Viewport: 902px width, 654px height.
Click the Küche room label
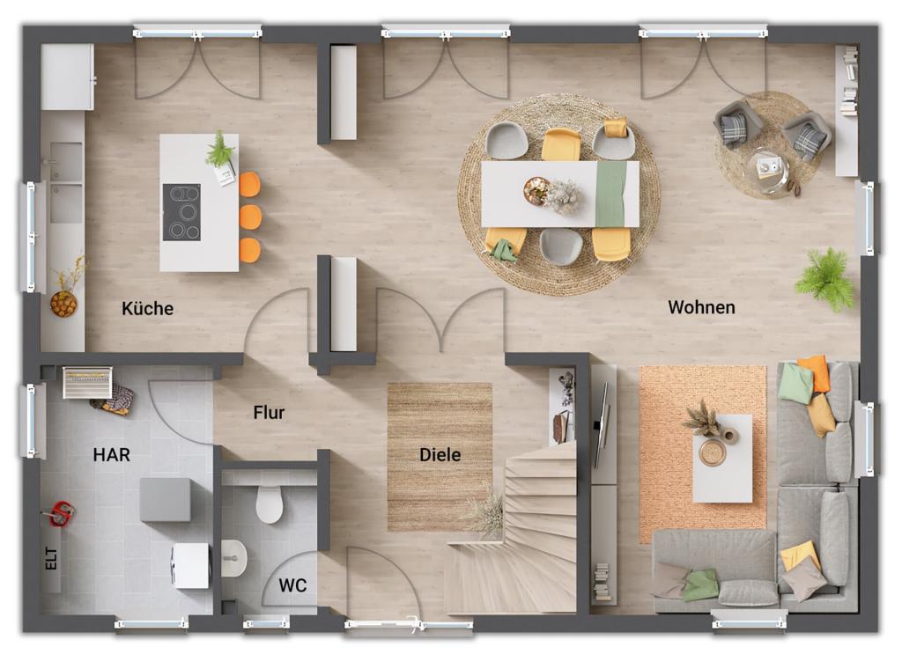coord(147,309)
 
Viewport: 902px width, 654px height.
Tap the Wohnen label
coord(701,307)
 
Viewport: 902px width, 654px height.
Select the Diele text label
coord(440,455)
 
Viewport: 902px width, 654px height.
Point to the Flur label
coord(269,412)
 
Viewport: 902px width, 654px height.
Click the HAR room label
coord(112,455)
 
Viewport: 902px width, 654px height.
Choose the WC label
coord(292,585)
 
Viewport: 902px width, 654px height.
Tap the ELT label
coord(52,556)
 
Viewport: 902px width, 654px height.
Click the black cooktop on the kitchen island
coord(181,212)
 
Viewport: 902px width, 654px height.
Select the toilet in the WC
coord(270,503)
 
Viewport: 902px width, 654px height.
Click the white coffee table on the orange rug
coord(722,458)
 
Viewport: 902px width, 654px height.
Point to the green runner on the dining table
coord(610,194)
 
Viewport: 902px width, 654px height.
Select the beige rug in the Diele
coord(440,455)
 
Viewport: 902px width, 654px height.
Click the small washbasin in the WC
coord(233,558)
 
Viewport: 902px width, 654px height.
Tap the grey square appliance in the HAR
coord(165,500)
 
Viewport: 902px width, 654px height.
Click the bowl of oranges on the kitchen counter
coord(63,304)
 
